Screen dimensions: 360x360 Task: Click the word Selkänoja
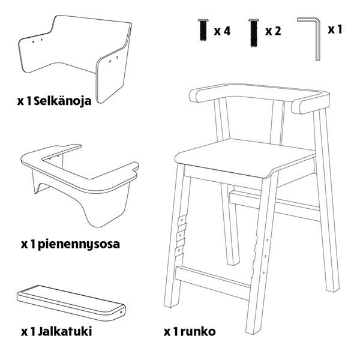[x=62, y=101]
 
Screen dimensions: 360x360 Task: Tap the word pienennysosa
[x=79, y=245]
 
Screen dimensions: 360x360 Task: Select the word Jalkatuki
[x=65, y=331]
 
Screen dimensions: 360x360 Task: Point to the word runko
[x=198, y=331]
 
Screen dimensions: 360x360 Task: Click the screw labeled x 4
[x=203, y=30]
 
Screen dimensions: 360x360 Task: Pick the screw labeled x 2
[x=253, y=33]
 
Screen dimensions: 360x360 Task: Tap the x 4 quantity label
[x=222, y=31]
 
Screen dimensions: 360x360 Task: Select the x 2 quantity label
[x=273, y=31]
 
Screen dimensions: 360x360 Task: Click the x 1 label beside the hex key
[x=335, y=29]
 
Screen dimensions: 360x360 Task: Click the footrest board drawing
[x=71, y=303]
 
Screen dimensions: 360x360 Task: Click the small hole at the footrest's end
[x=121, y=312]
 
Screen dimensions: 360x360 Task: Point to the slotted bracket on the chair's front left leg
[x=181, y=236]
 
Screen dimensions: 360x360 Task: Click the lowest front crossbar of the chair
[x=212, y=283]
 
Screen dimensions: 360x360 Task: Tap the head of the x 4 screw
[x=203, y=20]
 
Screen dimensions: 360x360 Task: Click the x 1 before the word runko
[x=171, y=332]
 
